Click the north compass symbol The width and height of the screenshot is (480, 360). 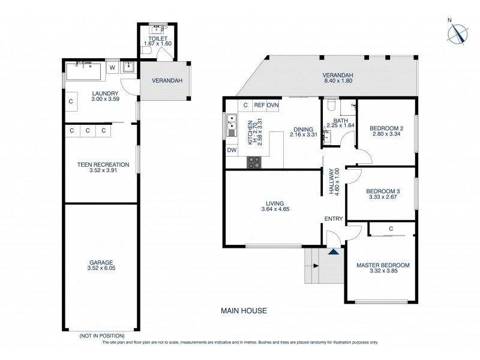pyautogui.click(x=460, y=32)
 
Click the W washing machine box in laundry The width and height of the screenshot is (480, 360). pyautogui.click(x=112, y=68)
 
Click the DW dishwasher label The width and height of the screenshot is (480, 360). pyautogui.click(x=232, y=150)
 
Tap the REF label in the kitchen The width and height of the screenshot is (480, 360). pyautogui.click(x=259, y=105)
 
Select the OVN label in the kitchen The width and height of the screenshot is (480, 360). pyautogui.click(x=273, y=105)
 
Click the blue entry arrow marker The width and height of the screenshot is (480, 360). pyautogui.click(x=333, y=252)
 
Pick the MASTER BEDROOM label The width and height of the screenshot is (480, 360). pyautogui.click(x=383, y=265)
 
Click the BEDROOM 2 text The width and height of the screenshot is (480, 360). pyautogui.click(x=386, y=128)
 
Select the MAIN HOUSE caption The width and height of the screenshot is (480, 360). pyautogui.click(x=244, y=311)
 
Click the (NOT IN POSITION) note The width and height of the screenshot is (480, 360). pyautogui.click(x=102, y=335)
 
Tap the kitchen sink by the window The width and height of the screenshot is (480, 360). pyautogui.click(x=231, y=125)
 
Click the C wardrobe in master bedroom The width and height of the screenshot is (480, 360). pyautogui.click(x=391, y=229)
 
